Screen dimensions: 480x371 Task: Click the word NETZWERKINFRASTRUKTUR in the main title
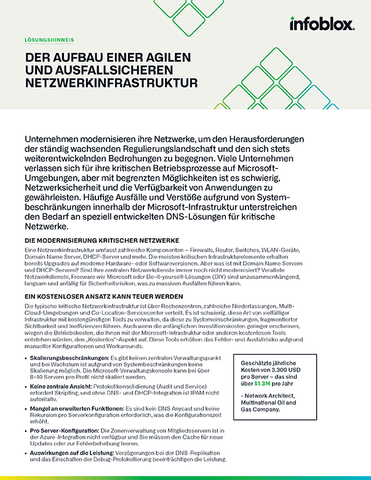(110, 82)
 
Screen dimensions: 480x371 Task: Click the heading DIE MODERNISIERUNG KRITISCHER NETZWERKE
(102, 239)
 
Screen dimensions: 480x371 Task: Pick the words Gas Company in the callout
(268, 410)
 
